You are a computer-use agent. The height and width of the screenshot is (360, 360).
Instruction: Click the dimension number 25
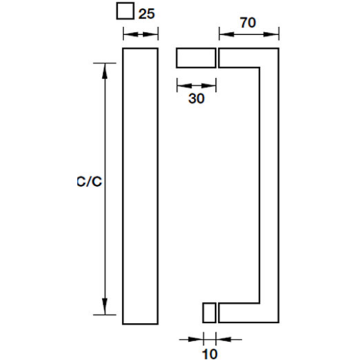click(x=147, y=14)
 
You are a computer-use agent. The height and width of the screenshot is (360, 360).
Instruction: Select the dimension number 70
click(x=248, y=23)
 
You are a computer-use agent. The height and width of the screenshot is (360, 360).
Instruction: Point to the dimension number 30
click(x=196, y=99)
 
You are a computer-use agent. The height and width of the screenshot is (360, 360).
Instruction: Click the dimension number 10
click(x=210, y=354)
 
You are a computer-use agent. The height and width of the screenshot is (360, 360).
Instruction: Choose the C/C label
click(x=89, y=182)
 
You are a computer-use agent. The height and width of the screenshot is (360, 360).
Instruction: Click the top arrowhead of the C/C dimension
click(x=104, y=71)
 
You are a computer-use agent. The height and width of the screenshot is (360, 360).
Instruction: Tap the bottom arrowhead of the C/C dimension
click(x=104, y=307)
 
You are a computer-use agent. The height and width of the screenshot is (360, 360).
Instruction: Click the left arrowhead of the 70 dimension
click(x=227, y=34)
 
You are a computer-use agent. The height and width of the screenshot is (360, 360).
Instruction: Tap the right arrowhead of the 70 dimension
click(x=271, y=34)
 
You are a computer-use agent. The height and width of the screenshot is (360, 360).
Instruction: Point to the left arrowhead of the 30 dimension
click(x=184, y=86)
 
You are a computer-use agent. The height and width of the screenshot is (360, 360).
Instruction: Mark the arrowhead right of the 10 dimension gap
click(x=223, y=339)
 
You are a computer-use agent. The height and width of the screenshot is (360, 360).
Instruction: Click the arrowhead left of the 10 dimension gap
click(x=196, y=339)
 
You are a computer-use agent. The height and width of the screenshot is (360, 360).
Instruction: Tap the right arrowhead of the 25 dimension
click(x=151, y=34)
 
